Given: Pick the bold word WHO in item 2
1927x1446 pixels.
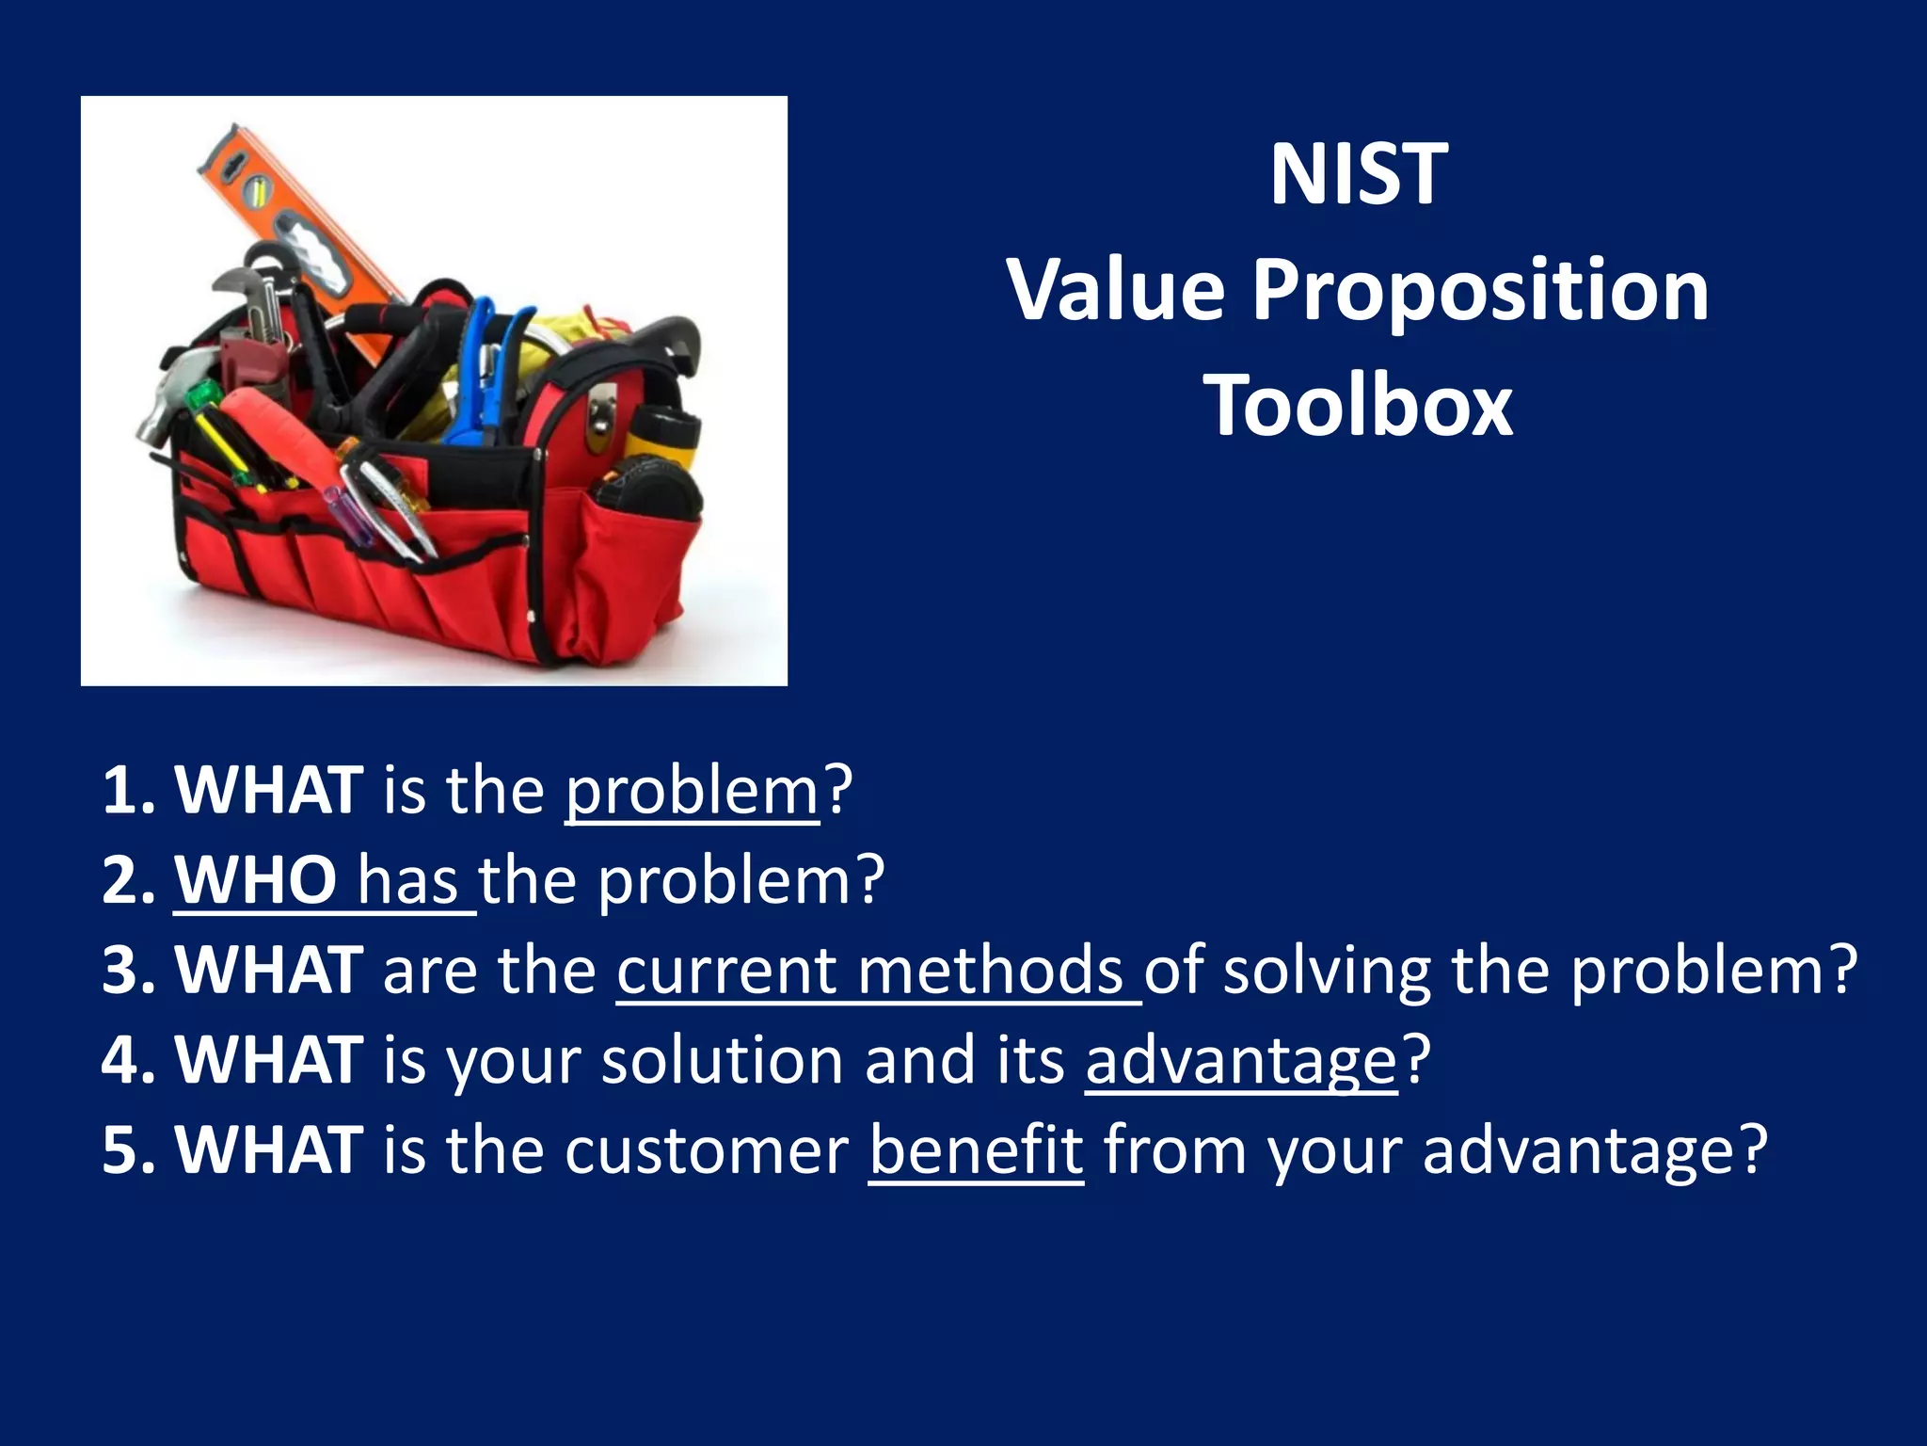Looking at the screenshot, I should pyautogui.click(x=256, y=880).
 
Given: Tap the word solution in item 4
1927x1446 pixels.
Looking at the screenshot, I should pyautogui.click(x=723, y=1061).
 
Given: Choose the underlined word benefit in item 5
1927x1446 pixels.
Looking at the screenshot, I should pyautogui.click(x=976, y=1151).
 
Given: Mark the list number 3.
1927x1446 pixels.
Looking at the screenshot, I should pyautogui.click(x=126, y=971).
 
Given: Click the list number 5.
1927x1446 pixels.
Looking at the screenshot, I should pyautogui.click(x=126, y=1151).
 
